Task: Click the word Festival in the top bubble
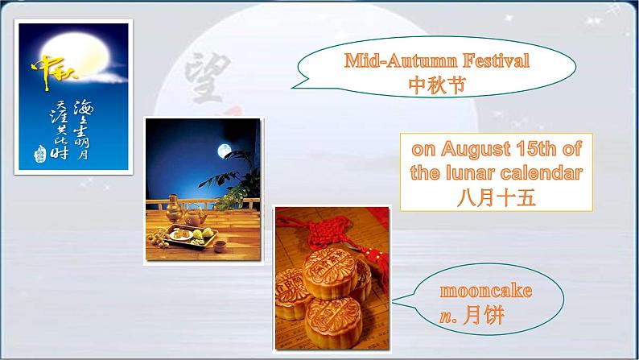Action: click(x=489, y=60)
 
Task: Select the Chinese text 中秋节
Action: click(x=437, y=85)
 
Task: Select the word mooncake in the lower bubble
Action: click(x=486, y=291)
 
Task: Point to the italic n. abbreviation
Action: click(x=446, y=315)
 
